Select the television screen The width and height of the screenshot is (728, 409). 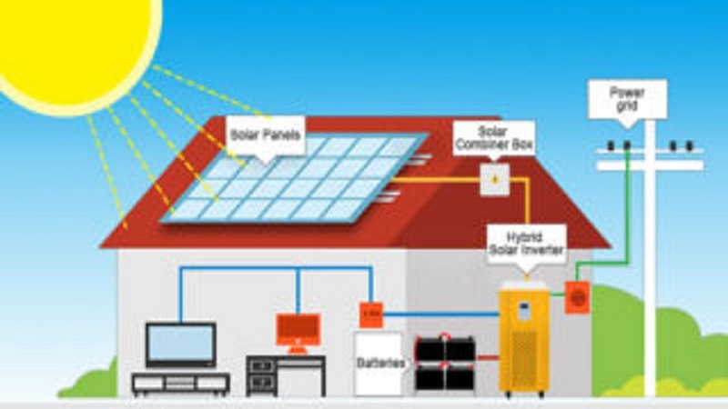click(x=181, y=344)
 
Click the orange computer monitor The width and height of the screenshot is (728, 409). click(x=298, y=329)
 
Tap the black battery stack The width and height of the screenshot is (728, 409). click(x=445, y=363)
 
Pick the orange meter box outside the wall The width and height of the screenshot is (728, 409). click(x=577, y=297)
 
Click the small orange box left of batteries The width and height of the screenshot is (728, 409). click(x=370, y=314)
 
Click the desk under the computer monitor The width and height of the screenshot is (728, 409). click(x=286, y=373)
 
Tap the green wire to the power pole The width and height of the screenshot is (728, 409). click(x=627, y=209)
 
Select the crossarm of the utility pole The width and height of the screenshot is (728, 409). click(x=650, y=165)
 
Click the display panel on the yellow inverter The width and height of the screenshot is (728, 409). click(x=524, y=309)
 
